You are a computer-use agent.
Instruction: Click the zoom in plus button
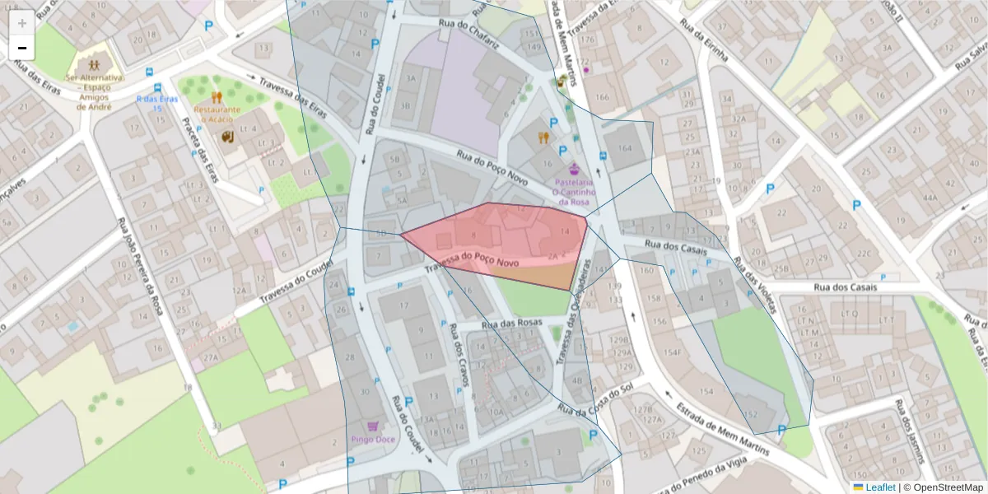pyautogui.click(x=21, y=23)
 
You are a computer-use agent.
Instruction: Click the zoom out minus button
pyautogui.click(x=21, y=48)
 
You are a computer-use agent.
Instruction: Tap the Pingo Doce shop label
pyautogui.click(x=373, y=439)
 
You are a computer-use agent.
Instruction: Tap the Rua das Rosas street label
pyautogui.click(x=512, y=323)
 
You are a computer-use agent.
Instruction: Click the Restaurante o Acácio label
pyautogui.click(x=217, y=114)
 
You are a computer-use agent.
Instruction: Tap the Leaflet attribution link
pyautogui.click(x=879, y=487)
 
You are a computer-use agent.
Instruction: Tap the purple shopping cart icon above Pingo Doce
pyautogui.click(x=373, y=426)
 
